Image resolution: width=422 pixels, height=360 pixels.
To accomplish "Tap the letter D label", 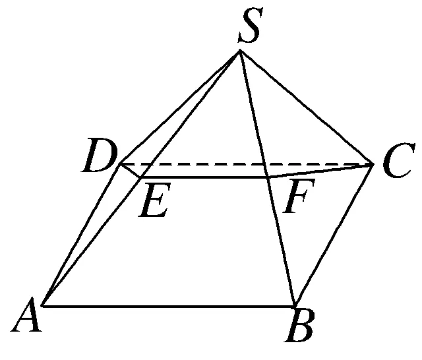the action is coord(99,158).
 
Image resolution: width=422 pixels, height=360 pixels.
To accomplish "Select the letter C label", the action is coord(394,165).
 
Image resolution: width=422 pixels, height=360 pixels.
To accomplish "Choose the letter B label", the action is coord(300,328).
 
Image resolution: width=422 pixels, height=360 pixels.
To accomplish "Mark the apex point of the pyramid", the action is coord(240,53).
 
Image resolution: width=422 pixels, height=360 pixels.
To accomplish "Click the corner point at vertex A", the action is coord(43,305).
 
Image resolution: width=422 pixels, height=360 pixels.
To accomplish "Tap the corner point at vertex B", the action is coord(295,306).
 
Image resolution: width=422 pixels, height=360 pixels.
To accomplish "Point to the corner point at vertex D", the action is coord(119,164).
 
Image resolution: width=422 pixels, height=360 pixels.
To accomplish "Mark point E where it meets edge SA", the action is coord(139,177).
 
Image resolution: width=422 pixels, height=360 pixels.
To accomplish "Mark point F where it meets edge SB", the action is coord(267,177).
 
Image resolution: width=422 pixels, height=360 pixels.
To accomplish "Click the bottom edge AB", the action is coord(169,306).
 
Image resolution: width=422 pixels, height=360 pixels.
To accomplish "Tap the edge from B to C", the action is coord(334,235).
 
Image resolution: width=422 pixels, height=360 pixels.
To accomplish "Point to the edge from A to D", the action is coord(80,235).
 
